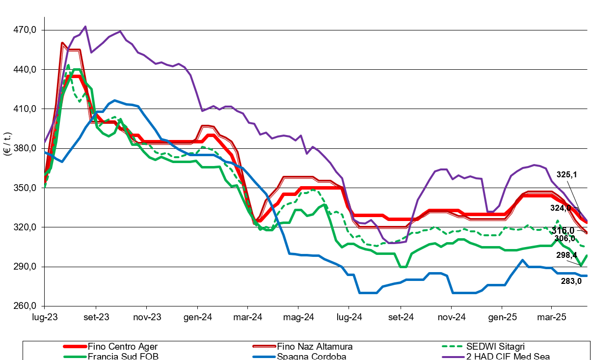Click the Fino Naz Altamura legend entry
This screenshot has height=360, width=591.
(315, 347)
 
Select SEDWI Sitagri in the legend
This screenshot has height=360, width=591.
(502, 347)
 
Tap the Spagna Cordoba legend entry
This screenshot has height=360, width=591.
(311, 357)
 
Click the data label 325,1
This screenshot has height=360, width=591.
(567, 174)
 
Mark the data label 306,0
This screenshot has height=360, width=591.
(564, 239)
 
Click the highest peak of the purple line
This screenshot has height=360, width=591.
(85, 27)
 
